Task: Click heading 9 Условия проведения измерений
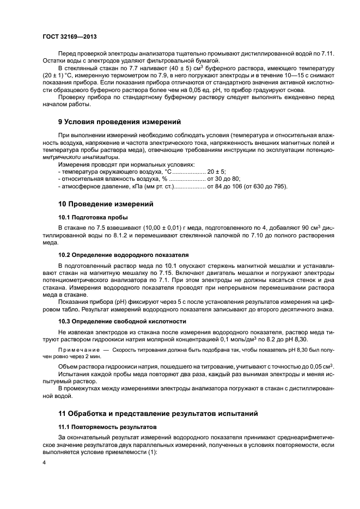(119, 121)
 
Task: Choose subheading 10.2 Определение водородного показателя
(123, 254)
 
